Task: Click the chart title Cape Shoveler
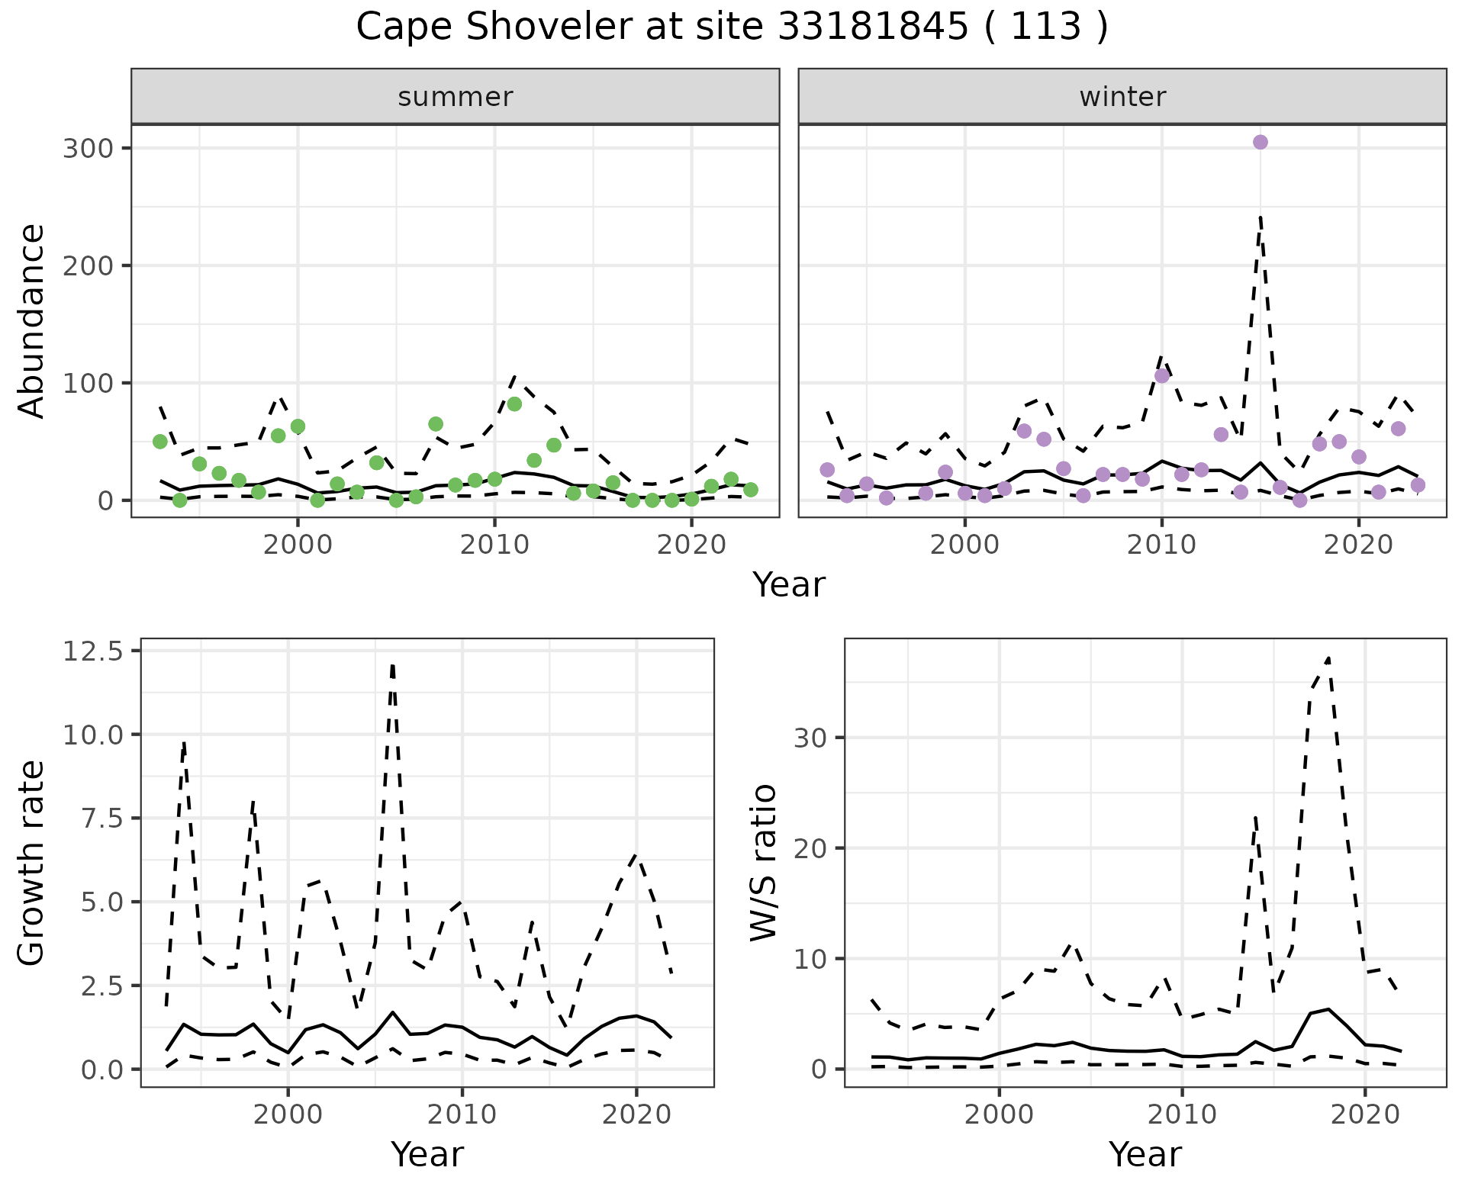[731, 27]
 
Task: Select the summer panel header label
[455, 97]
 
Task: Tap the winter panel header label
[1122, 97]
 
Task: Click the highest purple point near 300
[1260, 142]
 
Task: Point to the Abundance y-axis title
[32, 320]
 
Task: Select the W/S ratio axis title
[763, 862]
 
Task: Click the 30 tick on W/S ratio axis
[810, 738]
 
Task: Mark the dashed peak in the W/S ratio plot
[1328, 658]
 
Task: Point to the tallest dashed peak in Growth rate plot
[392, 665]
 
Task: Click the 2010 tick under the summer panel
[494, 545]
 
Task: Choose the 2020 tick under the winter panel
[1357, 545]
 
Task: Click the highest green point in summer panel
[514, 404]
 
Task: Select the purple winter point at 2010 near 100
[1161, 375]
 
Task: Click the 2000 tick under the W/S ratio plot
[999, 1114]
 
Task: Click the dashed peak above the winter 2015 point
[1260, 218]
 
